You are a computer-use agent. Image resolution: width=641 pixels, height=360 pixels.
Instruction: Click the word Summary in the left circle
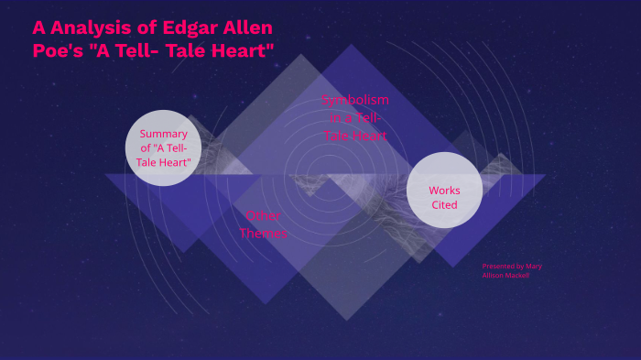tap(164, 134)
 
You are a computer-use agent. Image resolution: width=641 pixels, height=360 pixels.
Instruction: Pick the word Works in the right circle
tap(444, 191)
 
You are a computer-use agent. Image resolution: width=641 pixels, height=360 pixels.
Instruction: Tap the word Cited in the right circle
tap(444, 205)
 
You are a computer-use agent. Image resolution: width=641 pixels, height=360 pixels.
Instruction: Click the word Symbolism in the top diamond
tap(355, 99)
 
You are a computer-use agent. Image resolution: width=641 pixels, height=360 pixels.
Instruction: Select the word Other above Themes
tap(264, 216)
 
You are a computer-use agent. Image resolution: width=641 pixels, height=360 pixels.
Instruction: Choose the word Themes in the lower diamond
tap(264, 234)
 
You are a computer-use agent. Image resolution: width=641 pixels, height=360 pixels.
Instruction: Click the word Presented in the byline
tap(499, 267)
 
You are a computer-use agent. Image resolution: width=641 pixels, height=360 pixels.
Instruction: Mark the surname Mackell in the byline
tap(516, 275)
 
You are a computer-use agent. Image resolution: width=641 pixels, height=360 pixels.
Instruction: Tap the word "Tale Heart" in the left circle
tap(164, 162)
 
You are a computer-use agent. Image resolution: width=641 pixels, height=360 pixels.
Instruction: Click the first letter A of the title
tap(39, 27)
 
